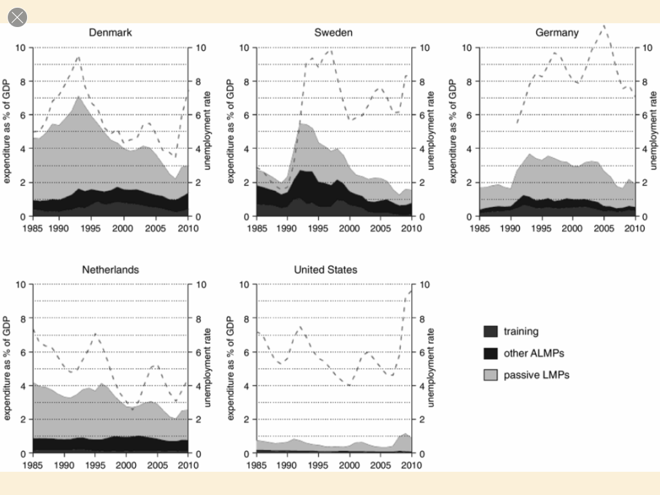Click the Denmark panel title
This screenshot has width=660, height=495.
[x=110, y=32]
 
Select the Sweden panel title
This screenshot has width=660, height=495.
[x=333, y=32]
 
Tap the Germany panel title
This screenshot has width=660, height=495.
[x=557, y=32]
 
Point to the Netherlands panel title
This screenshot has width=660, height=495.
[x=110, y=269]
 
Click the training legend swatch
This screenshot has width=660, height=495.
[x=491, y=331]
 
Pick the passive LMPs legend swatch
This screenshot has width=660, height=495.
[x=491, y=374]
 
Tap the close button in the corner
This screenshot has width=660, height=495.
[x=17, y=17]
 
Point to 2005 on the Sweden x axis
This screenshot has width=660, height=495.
[x=380, y=228]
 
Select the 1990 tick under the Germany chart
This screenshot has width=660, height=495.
[x=510, y=228]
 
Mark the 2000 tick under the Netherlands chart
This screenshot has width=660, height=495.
[x=126, y=465]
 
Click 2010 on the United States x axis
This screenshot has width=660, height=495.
[x=411, y=465]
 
